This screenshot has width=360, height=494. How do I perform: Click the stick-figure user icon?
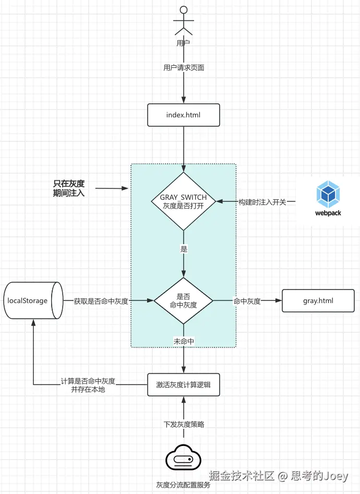coord(183,20)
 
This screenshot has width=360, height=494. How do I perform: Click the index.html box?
coord(183,115)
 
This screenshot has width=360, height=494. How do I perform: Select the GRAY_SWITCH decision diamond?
coord(183,202)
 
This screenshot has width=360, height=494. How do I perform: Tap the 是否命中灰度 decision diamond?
coord(183,301)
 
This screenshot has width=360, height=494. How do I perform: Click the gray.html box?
coord(318,301)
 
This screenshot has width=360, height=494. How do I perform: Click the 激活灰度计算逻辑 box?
coord(183,385)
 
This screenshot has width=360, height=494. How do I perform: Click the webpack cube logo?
coord(328,194)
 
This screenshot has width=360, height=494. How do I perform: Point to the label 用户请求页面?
coord(183,68)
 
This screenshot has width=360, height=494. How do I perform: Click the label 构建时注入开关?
coord(262,202)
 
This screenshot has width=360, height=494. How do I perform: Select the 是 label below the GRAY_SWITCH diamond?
coord(184,249)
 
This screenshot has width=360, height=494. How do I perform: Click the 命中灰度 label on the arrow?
coord(247,301)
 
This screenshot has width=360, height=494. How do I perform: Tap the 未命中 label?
coord(184,341)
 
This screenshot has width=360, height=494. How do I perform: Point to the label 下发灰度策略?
coord(183,424)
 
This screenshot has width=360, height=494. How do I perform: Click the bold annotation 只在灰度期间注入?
coord(69,188)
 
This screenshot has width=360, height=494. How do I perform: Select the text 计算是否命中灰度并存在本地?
coord(88,385)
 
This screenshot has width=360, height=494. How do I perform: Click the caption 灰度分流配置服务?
coord(183,485)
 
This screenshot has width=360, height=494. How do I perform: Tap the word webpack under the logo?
coord(328,213)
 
